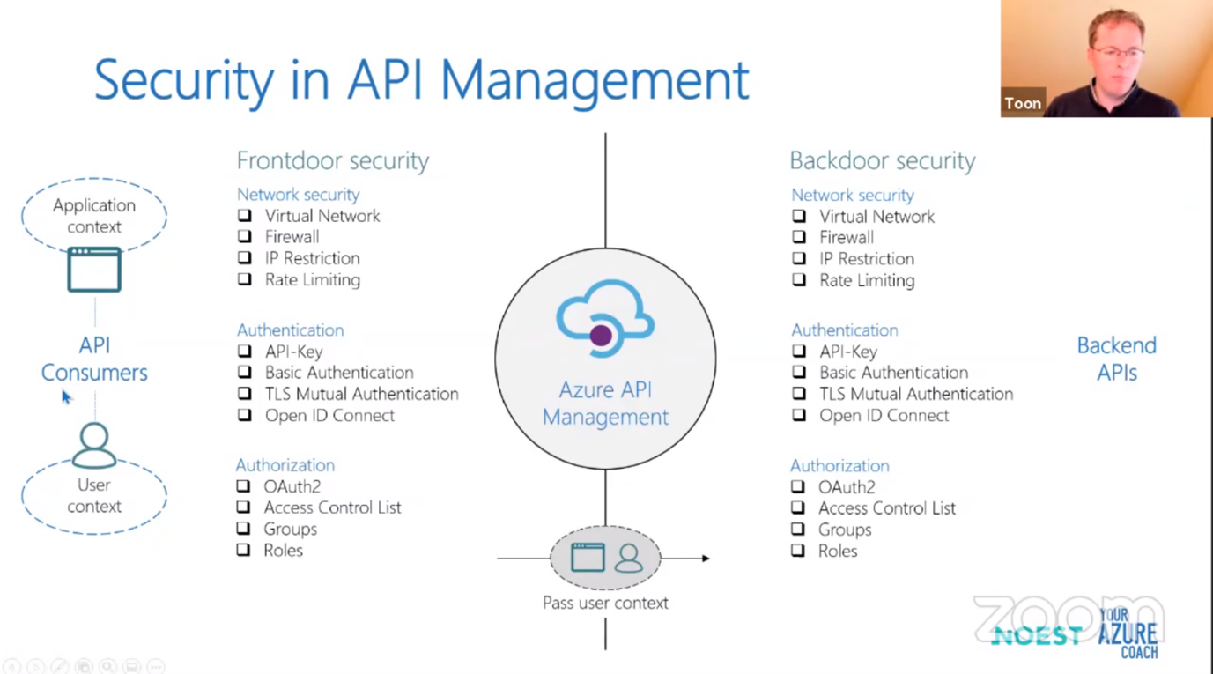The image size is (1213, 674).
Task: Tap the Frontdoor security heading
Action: click(332, 160)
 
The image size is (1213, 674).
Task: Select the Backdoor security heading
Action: click(882, 160)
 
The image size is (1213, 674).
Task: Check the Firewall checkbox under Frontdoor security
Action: click(245, 237)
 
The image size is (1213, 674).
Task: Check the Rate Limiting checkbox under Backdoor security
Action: click(799, 280)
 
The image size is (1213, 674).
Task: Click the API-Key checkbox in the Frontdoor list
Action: click(245, 352)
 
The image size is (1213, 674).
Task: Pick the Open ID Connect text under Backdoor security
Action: click(884, 416)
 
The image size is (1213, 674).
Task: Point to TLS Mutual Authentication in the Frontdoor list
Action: click(361, 394)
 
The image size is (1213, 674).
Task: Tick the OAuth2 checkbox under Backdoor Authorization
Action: click(798, 487)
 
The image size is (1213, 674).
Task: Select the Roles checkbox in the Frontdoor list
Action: click(244, 551)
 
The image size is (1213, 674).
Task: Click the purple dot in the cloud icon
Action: click(601, 335)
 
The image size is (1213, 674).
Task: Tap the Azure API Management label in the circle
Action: click(605, 404)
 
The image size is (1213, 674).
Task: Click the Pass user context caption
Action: click(605, 604)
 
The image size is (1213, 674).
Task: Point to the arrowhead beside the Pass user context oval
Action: click(706, 559)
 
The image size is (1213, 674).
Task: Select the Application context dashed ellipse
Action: click(94, 216)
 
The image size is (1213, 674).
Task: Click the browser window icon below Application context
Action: click(94, 270)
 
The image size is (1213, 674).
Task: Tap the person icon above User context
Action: click(94, 445)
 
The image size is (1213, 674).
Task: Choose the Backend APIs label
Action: click(1116, 359)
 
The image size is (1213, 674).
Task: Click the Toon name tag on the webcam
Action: click(1023, 103)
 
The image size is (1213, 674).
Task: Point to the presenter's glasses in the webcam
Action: click(1119, 54)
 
